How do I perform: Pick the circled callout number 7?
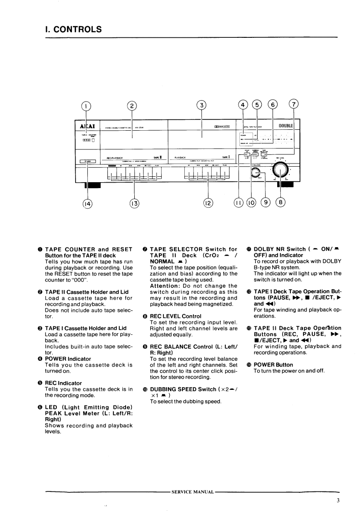click(294, 105)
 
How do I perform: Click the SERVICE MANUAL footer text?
click(192, 492)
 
